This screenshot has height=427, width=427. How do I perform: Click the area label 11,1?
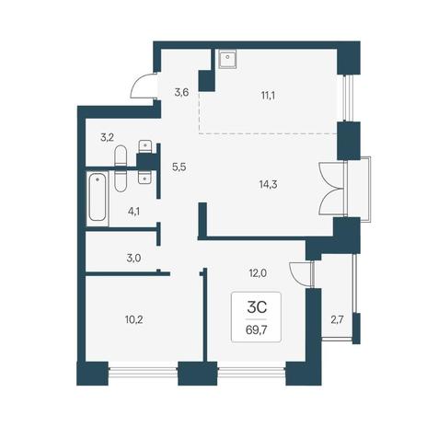pyautogui.click(x=268, y=97)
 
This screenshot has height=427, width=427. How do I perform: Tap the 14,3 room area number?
pyautogui.click(x=268, y=185)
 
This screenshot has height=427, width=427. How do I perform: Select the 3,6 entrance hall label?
pyautogui.click(x=181, y=92)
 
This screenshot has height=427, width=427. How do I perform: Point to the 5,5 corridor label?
pyautogui.click(x=179, y=167)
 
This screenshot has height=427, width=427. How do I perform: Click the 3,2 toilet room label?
pyautogui.click(x=107, y=137)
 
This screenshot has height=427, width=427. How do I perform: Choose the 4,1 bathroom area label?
pyautogui.click(x=133, y=212)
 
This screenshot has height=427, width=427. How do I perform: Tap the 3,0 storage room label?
pyautogui.click(x=133, y=259)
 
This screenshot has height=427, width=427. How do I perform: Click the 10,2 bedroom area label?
pyautogui.click(x=134, y=320)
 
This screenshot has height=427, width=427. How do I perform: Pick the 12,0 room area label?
pyautogui.click(x=258, y=273)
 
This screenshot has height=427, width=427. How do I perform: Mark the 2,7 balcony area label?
pyautogui.click(x=336, y=320)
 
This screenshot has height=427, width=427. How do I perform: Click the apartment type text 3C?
pyautogui.click(x=257, y=307)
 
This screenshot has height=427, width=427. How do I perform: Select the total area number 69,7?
pyautogui.click(x=256, y=330)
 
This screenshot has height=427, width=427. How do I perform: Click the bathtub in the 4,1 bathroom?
pyautogui.click(x=98, y=198)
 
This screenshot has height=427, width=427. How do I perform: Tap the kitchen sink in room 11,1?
pyautogui.click(x=227, y=59)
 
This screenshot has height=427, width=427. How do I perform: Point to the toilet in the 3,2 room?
pyautogui.click(x=121, y=156)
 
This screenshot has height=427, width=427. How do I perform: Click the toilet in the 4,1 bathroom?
pyautogui.click(x=121, y=180)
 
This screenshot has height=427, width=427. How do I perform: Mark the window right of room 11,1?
pyautogui.click(x=346, y=98)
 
